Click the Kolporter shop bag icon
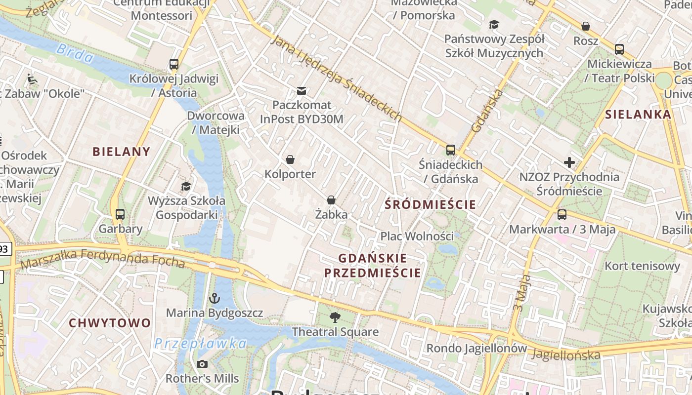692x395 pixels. [x=290, y=159]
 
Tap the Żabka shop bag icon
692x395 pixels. [x=331, y=200]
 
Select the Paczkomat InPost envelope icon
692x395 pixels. [x=302, y=90]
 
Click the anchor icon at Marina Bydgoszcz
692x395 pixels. [x=215, y=298]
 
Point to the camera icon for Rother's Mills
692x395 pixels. [x=202, y=364]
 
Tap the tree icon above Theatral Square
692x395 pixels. [x=335, y=317]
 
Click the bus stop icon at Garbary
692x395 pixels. [x=120, y=214]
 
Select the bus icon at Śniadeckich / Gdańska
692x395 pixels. [x=450, y=150]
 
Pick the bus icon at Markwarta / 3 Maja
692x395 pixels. [x=562, y=215]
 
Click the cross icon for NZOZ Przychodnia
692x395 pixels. [x=569, y=162]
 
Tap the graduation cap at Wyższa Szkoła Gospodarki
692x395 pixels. [x=186, y=186]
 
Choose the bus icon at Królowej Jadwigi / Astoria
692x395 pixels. [x=173, y=64]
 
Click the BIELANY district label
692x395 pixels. [x=121, y=152]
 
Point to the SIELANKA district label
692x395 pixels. [x=638, y=115]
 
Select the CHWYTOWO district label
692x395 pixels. [x=110, y=323]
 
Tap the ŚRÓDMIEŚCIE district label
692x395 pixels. [x=430, y=204]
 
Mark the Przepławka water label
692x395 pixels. [x=200, y=344]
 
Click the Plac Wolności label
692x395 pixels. [x=417, y=236]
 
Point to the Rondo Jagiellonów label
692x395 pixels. [x=476, y=348]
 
